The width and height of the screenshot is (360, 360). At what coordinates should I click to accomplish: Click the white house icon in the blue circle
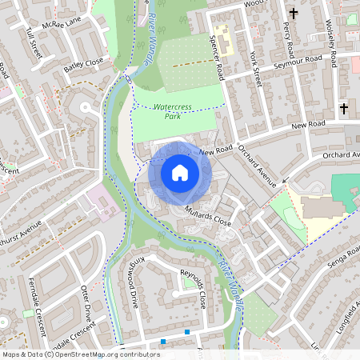(x=180, y=172)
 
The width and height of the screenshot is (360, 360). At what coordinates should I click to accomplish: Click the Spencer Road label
(x=218, y=53)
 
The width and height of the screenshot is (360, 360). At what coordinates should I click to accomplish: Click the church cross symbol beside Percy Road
(x=294, y=13)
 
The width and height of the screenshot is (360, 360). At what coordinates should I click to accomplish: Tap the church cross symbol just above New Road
(x=345, y=108)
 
